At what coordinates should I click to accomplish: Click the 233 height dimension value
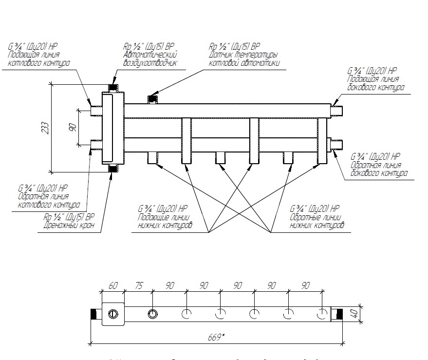45,128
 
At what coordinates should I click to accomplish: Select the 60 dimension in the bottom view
113,285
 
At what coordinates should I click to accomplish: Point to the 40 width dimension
358,314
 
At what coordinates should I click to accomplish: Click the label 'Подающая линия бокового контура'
375,83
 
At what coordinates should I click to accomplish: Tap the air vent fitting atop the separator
113,88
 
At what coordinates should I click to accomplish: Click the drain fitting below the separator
113,169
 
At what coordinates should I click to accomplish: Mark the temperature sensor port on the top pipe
153,100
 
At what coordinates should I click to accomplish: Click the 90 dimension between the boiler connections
72,128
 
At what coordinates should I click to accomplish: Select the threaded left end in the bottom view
94,314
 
